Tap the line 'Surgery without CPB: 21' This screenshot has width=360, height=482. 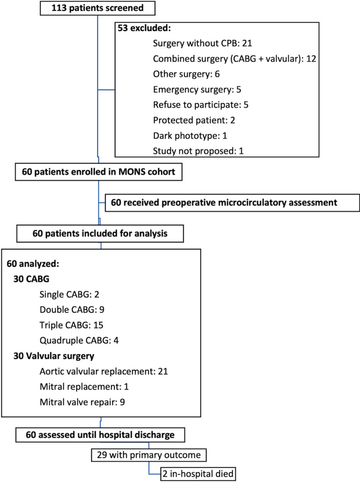[197, 45]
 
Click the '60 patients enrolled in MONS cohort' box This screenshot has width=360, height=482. [99, 172]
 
